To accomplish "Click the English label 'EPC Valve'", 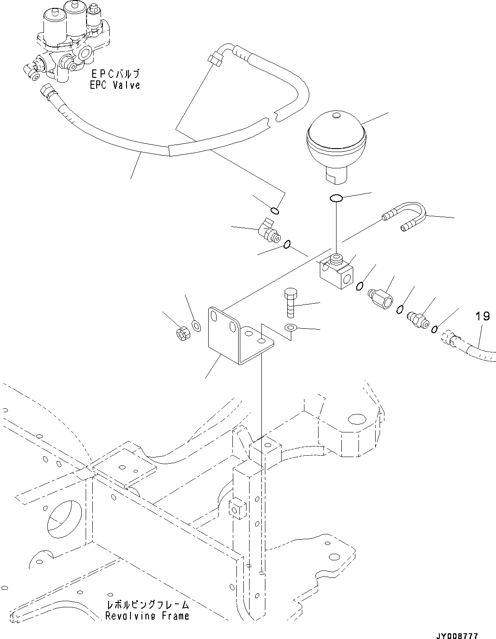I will coord(115,85).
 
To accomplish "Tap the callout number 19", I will coord(482,316).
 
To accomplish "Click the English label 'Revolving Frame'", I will coord(147,616).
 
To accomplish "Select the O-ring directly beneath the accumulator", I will coord(337,199).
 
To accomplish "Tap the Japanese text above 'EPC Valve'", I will coord(115,73).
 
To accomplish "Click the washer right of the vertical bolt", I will coord(290,327).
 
